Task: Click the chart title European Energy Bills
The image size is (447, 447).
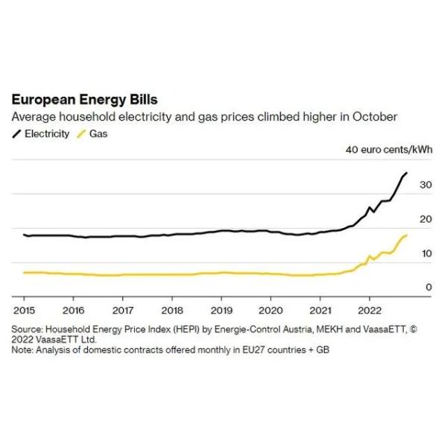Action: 83,100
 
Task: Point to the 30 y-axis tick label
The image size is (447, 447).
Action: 425,184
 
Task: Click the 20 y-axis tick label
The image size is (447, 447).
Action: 425,219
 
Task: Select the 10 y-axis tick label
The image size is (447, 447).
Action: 425,253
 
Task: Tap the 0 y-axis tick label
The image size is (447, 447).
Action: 428,288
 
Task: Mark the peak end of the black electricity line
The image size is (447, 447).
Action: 406,173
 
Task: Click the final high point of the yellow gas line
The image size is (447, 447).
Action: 406,235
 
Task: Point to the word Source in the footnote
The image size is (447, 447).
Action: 27,329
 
